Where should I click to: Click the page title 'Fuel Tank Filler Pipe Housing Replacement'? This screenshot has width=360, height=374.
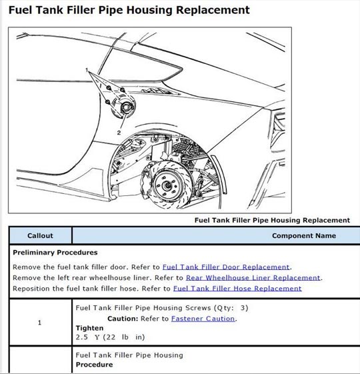pos(129,10)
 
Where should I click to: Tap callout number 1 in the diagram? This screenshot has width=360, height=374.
pos(87,70)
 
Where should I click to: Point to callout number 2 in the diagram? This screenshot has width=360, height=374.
pos(119,133)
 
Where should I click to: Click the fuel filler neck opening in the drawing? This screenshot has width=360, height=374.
pos(126,107)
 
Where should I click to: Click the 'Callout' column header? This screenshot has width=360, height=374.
pos(40,235)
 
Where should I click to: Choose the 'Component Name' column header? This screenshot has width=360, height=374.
pos(304,235)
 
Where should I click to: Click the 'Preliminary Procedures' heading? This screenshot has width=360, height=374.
pos(55,253)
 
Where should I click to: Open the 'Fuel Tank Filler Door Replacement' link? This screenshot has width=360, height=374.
pos(226,267)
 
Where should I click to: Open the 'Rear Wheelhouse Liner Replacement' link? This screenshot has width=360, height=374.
pos(253,278)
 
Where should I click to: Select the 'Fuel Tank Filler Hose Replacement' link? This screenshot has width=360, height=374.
pos(237,289)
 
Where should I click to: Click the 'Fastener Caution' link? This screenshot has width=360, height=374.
pos(203,319)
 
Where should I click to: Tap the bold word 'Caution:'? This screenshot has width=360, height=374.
pos(123,319)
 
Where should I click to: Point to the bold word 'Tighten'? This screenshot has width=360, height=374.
pos(90,328)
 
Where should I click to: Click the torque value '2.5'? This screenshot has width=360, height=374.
pos(82,337)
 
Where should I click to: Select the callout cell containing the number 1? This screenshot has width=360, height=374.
pos(40,323)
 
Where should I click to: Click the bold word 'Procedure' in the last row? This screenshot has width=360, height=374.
pos(94,365)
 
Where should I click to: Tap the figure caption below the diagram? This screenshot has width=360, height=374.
pos(272,220)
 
